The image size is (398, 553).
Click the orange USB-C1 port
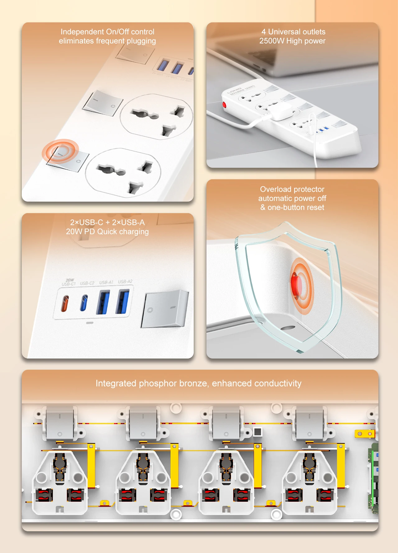tap(65, 304)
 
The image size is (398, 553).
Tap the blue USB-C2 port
tap(84, 303)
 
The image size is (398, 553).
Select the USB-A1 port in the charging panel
tap(103, 302)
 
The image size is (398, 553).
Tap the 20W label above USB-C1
tap(70, 280)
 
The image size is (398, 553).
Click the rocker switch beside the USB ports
tap(164, 309)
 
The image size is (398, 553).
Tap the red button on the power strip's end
tap(224, 104)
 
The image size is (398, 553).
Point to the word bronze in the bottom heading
tap(193, 383)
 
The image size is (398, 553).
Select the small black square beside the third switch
tap(258, 432)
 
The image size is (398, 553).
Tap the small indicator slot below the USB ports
tap(90, 323)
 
